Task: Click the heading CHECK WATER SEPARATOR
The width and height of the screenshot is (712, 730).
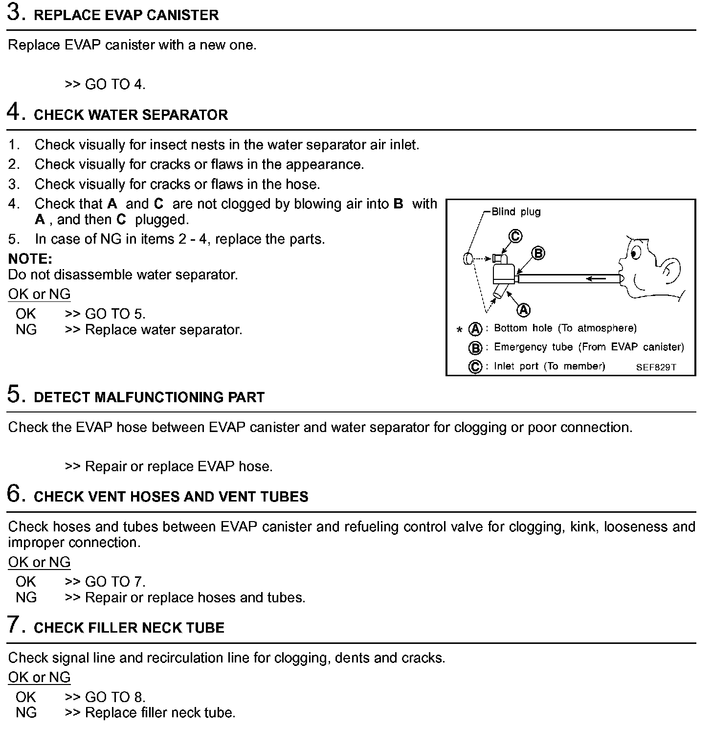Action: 131,115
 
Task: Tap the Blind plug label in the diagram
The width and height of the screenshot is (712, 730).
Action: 516,212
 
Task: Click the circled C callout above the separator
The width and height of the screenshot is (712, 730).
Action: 515,236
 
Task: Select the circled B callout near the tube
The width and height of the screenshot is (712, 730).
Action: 538,253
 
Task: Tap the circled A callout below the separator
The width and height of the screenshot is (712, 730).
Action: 524,310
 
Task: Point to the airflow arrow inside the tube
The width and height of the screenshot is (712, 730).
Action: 596,279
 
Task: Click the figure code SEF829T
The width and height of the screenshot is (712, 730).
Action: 656,367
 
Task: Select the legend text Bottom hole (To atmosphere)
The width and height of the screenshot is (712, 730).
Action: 565,328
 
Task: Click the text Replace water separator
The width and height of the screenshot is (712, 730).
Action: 163,330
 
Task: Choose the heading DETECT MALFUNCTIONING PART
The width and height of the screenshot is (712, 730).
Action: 149,397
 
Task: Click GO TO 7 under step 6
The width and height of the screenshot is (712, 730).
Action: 115,582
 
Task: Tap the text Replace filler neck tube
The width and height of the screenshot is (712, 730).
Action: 160,712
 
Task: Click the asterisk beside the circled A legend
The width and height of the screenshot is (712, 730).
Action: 459,330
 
